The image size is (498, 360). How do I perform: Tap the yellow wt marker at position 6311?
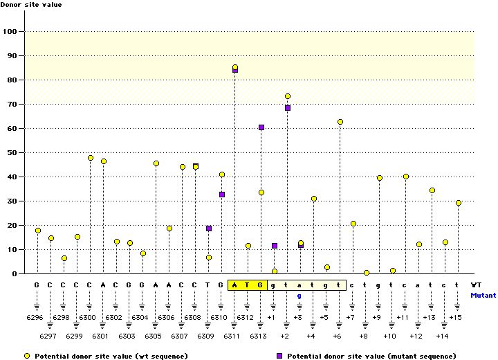click(235, 67)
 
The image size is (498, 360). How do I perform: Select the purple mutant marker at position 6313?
click(261, 127)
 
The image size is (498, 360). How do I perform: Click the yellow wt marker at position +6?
click(340, 122)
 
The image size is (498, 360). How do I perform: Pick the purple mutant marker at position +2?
click(288, 108)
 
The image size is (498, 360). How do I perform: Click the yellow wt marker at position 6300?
click(91, 158)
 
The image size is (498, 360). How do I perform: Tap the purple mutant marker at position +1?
click(275, 246)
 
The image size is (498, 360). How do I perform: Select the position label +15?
click(455, 317)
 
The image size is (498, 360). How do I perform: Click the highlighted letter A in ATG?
click(235, 285)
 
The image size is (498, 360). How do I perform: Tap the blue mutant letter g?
click(300, 296)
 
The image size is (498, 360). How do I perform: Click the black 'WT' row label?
click(477, 285)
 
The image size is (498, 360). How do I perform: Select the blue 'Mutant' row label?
click(483, 295)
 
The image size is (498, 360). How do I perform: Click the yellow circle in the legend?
click(27, 356)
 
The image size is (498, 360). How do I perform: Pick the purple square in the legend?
click(279, 356)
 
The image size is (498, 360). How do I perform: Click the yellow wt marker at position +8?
click(367, 273)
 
